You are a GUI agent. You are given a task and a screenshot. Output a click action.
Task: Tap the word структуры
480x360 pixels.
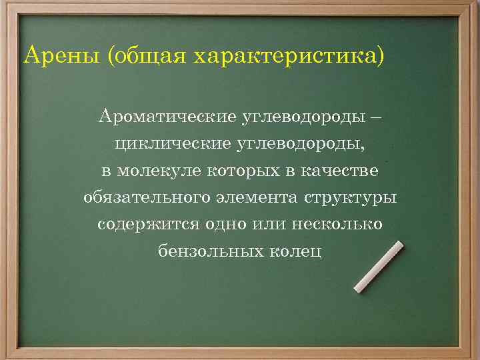[x=351, y=197]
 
